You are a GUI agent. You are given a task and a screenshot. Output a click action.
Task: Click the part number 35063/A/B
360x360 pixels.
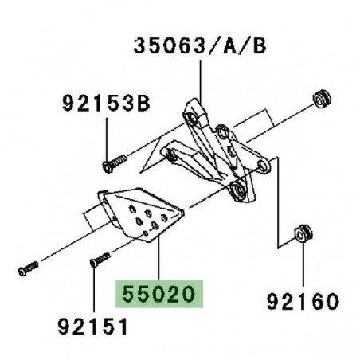point(200,46)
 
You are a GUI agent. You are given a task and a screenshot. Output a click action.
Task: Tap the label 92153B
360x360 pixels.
point(106,104)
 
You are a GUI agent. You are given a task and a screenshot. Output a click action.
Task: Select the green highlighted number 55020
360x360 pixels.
point(159,294)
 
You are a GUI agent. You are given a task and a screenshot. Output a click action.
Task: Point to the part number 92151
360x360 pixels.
point(92,327)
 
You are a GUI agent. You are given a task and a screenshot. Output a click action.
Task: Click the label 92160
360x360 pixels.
point(303,302)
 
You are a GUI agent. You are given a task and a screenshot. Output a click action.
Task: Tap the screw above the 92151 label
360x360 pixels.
point(100,260)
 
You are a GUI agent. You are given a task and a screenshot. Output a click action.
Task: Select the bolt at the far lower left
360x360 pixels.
point(28,268)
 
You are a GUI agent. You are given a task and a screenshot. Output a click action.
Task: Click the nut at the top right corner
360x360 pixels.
point(323,100)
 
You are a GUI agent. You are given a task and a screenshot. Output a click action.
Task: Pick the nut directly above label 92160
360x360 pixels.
point(303,233)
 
